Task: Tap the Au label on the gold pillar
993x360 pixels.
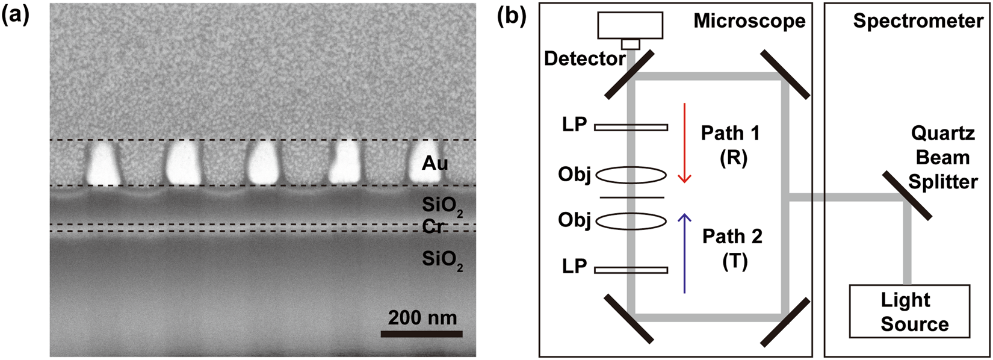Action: pos(435,163)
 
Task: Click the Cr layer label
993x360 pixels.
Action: pos(434,227)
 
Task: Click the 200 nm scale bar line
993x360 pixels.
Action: pos(421,334)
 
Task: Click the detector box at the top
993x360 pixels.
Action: pos(630,25)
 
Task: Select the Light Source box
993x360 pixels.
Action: pos(909,311)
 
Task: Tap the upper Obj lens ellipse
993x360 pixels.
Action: pos(631,175)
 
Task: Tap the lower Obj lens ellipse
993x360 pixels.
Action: pos(631,220)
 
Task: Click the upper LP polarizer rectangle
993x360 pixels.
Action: pos(631,127)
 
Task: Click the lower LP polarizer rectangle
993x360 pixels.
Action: pos(631,270)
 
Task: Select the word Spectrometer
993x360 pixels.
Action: pos(918,21)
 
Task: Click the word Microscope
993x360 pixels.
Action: pos(749,21)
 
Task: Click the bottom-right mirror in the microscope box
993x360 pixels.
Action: pos(785,323)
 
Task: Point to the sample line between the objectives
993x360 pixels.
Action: pos(631,197)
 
